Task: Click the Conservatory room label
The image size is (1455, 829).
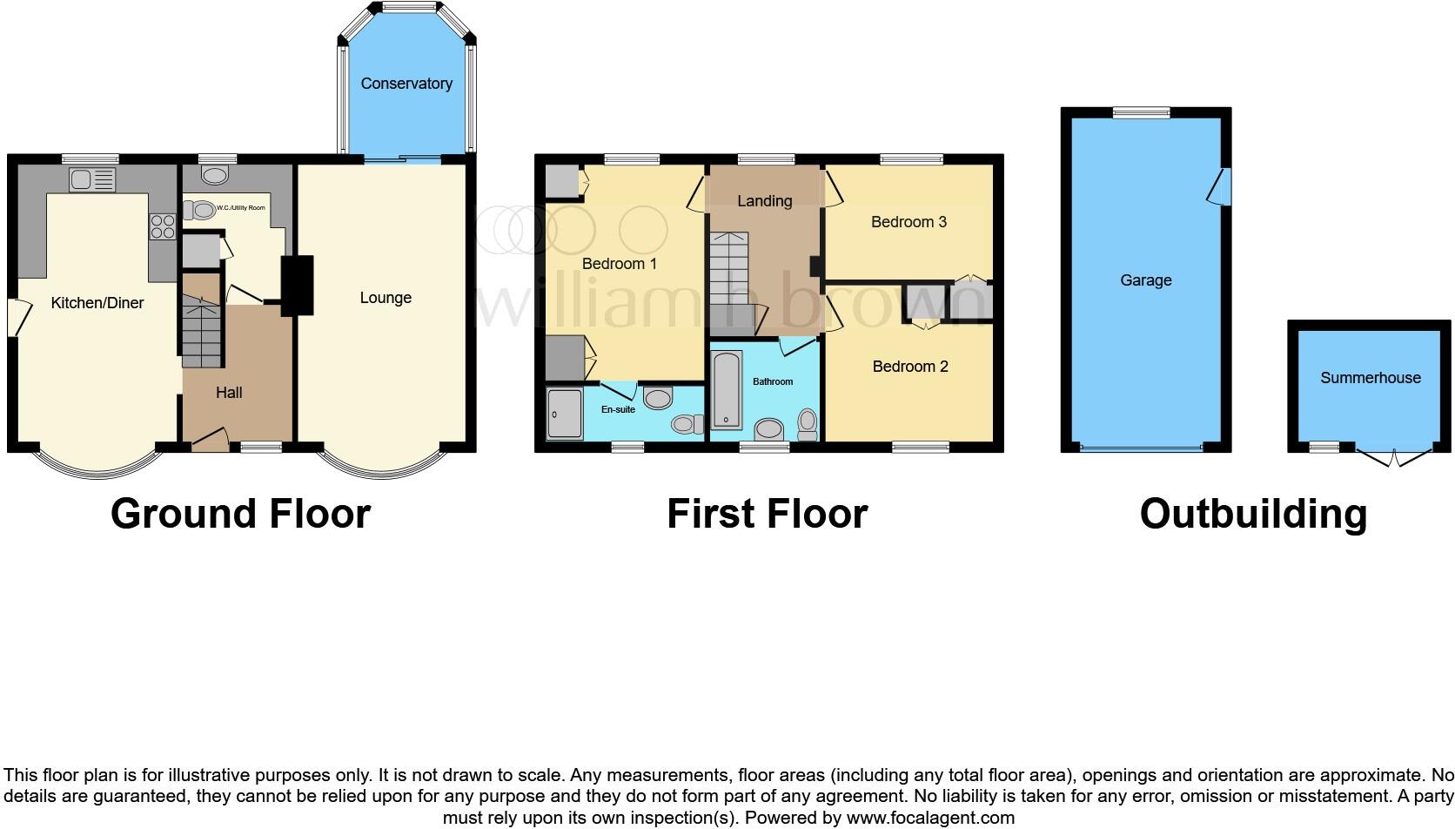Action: pyautogui.click(x=406, y=84)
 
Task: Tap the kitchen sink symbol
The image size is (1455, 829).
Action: pyautogui.click(x=91, y=180)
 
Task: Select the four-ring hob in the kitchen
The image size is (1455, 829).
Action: pyautogui.click(x=163, y=226)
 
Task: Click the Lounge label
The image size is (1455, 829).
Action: pyautogui.click(x=386, y=298)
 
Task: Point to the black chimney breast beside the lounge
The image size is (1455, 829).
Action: pyautogui.click(x=298, y=284)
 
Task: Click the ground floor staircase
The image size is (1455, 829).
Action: pyautogui.click(x=201, y=331)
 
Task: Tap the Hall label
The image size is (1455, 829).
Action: pyautogui.click(x=229, y=393)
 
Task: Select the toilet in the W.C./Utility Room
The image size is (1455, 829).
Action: pyautogui.click(x=199, y=210)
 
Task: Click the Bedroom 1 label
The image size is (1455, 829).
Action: pyautogui.click(x=620, y=264)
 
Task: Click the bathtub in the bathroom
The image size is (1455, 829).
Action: pyautogui.click(x=726, y=391)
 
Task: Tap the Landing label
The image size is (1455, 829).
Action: pyautogui.click(x=764, y=201)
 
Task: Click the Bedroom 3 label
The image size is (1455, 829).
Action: pyautogui.click(x=909, y=222)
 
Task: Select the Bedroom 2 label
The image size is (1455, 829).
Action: pyautogui.click(x=910, y=367)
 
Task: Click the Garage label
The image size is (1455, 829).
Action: pyautogui.click(x=1145, y=280)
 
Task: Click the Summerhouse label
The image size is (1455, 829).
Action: pyautogui.click(x=1370, y=378)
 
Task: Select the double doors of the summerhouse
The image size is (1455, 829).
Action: pyautogui.click(x=1393, y=457)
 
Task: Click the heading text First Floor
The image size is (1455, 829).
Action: pyautogui.click(x=767, y=514)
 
